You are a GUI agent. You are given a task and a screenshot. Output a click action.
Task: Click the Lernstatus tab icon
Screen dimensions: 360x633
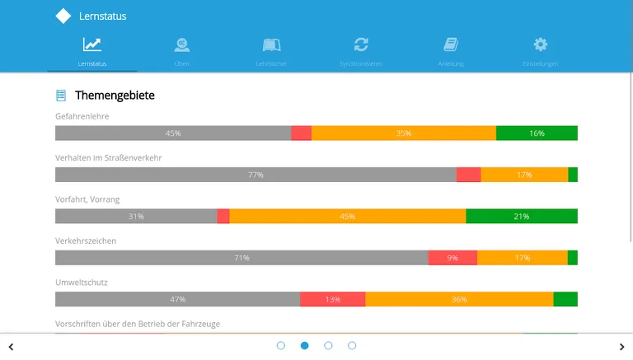pos(92,45)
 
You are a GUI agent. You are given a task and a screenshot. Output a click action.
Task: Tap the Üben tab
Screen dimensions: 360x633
pos(182,51)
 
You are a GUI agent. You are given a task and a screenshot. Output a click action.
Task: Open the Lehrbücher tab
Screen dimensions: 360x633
pos(271,51)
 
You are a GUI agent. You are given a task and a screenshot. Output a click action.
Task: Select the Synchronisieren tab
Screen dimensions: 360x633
pos(361,51)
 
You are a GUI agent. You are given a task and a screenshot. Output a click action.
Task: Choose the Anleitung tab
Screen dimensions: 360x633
pos(450,51)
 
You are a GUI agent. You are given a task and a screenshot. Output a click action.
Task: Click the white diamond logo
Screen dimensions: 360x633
pos(63,16)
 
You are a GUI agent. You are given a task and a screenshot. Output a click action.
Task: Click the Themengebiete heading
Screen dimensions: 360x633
pos(115,96)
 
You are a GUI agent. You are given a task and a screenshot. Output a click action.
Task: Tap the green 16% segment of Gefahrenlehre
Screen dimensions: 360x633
pos(537,133)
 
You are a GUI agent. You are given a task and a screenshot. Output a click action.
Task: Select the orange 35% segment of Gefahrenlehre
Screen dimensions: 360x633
pos(404,133)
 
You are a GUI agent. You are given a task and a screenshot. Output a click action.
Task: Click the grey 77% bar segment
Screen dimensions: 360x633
pos(256,175)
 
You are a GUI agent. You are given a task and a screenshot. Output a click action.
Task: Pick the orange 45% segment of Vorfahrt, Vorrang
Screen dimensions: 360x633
pos(347,216)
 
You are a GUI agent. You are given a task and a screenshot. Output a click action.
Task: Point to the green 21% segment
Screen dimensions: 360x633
pos(521,216)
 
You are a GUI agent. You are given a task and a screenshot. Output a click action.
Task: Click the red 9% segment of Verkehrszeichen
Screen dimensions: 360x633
pos(452,258)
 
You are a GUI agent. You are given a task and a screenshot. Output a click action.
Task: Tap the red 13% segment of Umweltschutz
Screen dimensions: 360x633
pos(332,299)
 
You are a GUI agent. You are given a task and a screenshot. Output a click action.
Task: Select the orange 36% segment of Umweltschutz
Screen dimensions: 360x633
pos(459,299)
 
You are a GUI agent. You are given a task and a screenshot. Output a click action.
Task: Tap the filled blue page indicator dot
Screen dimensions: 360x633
pos(305,346)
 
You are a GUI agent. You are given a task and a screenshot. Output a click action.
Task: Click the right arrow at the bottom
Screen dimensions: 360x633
pos(621,347)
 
